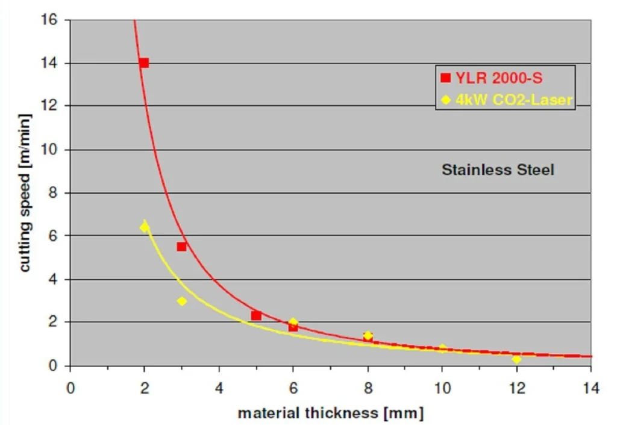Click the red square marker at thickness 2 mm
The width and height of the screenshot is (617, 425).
(144, 63)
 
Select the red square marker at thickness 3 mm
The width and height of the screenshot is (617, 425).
(181, 246)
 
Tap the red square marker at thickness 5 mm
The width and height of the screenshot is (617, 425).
(256, 315)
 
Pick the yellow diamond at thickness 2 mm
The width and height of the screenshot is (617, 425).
(145, 227)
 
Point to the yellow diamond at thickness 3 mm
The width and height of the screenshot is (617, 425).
(182, 301)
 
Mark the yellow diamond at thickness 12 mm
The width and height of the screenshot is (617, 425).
(516, 359)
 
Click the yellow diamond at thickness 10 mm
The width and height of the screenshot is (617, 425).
(442, 348)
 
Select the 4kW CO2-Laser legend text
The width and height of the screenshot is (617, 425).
(513, 100)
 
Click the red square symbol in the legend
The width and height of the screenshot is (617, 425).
(446, 78)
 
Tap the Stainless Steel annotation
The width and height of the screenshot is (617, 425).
(498, 169)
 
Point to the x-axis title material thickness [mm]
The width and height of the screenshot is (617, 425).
(330, 414)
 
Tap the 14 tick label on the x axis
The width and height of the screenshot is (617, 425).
(590, 387)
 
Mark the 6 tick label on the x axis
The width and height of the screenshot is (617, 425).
(293, 387)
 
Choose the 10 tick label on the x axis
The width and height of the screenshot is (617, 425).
(442, 387)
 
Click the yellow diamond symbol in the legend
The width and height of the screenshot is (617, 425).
(446, 100)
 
